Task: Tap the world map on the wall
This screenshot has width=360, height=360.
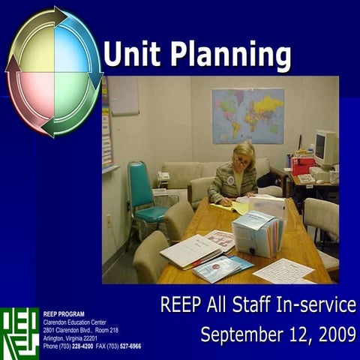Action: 247,115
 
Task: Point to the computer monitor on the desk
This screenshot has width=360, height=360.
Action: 325,148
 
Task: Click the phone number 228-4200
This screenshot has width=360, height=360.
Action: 83,346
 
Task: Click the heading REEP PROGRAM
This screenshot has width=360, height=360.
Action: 64,313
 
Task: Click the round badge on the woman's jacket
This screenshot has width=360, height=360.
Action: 230,181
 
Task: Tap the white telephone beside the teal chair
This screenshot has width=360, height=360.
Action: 163,177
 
